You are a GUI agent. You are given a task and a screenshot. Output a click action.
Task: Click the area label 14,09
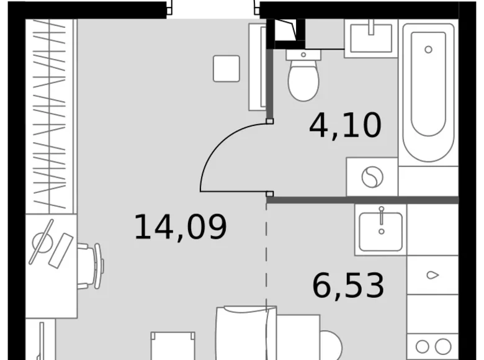pyautogui.click(x=181, y=227)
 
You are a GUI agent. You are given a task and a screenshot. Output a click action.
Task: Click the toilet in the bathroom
pyautogui.click(x=303, y=81)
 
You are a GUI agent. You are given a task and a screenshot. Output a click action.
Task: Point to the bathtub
pyautogui.click(x=428, y=93)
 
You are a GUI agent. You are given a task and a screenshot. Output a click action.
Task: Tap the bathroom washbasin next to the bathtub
pyautogui.click(x=371, y=37)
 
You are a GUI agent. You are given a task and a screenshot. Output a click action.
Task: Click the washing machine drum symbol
pyautogui.click(x=372, y=178)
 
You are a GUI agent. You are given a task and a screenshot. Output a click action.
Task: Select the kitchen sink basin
pyautogui.click(x=381, y=230)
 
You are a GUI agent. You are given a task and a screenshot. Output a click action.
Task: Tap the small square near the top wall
pyautogui.click(x=226, y=68)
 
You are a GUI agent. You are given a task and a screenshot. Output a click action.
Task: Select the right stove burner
pyautogui.click(x=442, y=346)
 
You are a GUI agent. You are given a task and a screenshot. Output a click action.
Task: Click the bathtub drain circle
pyautogui.click(x=428, y=49)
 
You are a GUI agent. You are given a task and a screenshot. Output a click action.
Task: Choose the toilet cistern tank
pyautogui.click(x=303, y=55)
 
